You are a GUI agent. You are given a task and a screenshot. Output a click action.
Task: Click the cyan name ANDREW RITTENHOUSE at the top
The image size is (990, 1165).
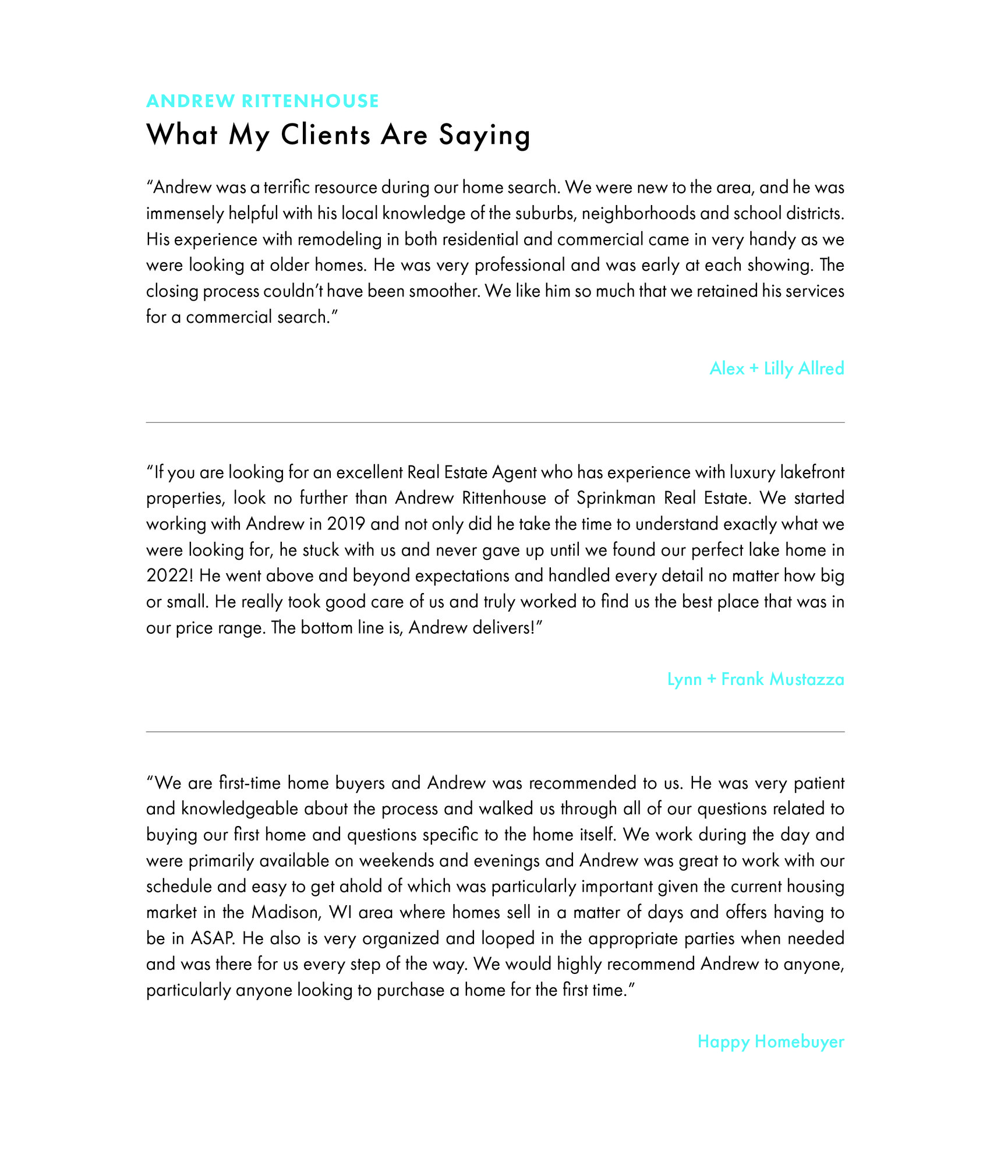(x=262, y=101)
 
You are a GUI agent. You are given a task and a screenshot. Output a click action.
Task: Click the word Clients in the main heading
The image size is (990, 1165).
(x=326, y=135)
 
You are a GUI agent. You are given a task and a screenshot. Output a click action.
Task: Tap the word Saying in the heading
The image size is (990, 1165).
(x=485, y=136)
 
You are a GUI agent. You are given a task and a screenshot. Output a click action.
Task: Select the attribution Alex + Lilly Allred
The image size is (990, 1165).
(x=776, y=368)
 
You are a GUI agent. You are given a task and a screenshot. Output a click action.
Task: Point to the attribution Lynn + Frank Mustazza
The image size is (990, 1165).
(x=755, y=679)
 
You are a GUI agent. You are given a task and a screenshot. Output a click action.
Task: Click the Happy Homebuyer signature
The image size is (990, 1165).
(x=770, y=1042)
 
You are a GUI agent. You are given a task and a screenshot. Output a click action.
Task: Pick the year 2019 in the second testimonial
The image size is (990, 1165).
(x=346, y=524)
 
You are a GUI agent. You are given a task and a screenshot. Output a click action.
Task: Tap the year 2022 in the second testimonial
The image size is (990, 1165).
(x=169, y=576)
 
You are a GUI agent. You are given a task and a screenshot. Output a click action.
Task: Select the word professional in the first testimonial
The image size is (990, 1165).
(x=519, y=265)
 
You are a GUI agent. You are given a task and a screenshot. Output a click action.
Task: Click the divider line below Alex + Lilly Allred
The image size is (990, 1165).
(x=495, y=422)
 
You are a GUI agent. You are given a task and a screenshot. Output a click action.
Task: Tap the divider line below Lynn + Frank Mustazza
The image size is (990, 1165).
(x=495, y=732)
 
